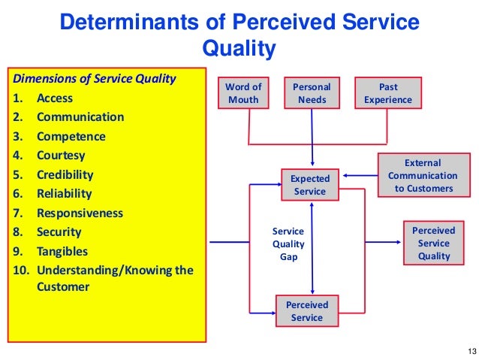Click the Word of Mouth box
(243, 92)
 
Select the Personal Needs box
(312, 92)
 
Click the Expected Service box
(310, 185)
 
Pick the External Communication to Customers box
(423, 175)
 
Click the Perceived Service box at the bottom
(307, 311)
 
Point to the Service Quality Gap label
(288, 244)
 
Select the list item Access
(55, 98)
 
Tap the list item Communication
(80, 117)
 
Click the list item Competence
(71, 137)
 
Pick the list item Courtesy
(61, 156)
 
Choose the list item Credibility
(65, 174)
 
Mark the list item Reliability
(65, 194)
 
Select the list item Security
(59, 232)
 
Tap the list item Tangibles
(62, 251)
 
